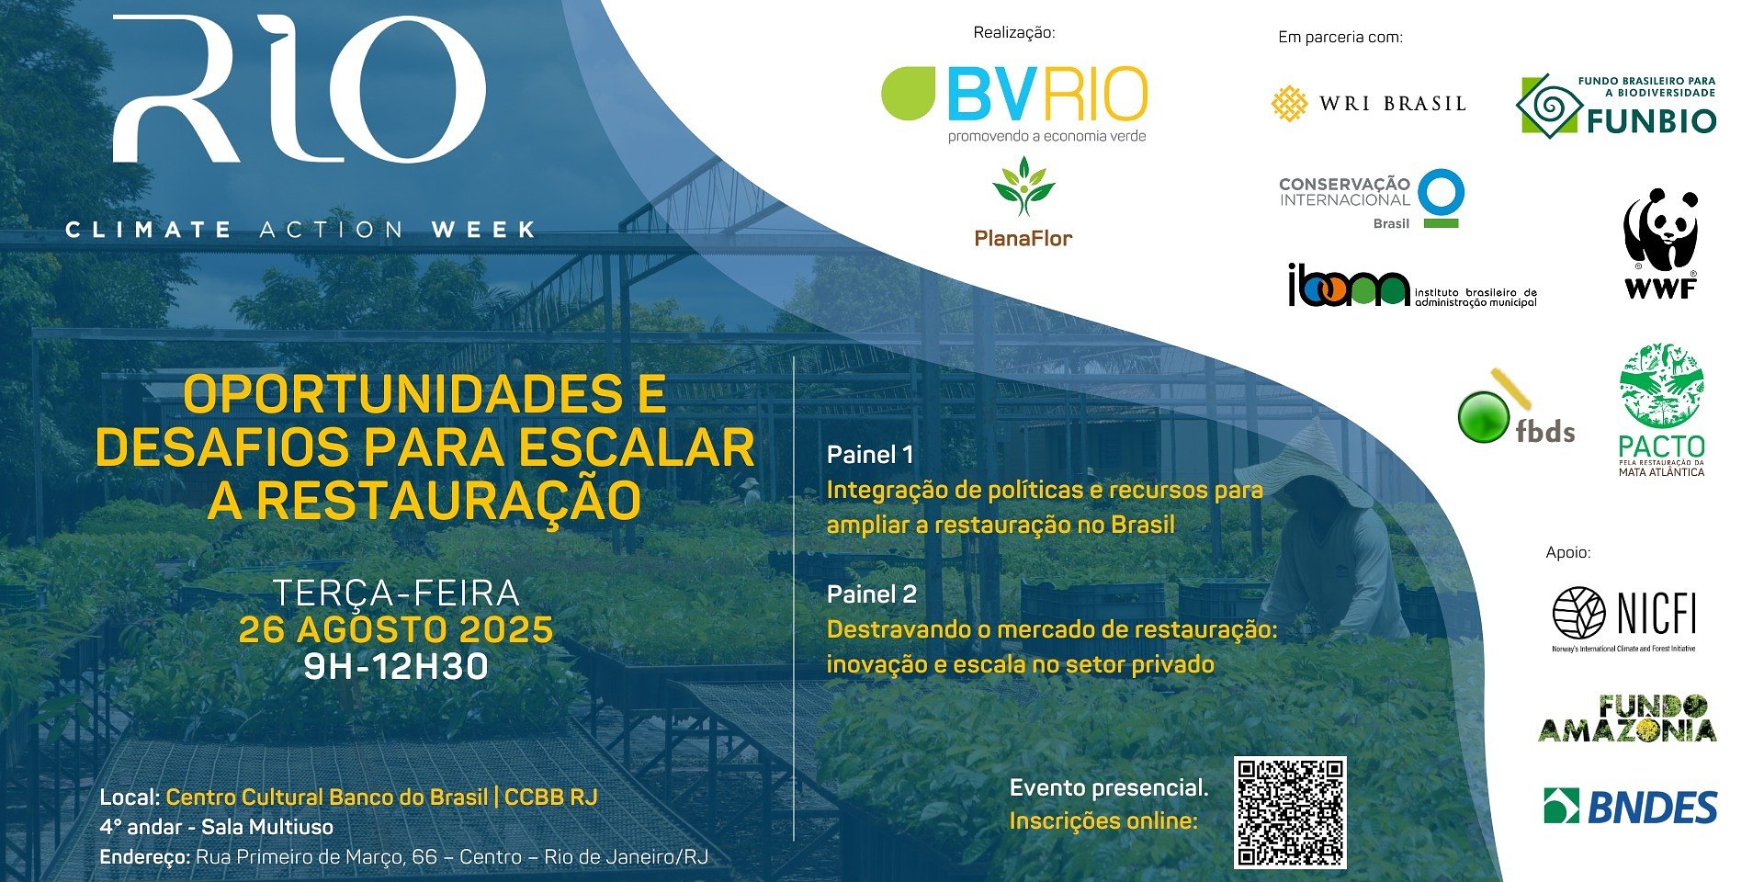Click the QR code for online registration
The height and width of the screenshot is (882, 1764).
[1290, 813]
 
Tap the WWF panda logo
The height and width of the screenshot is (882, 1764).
[1660, 243]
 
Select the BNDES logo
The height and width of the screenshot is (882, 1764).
[1630, 807]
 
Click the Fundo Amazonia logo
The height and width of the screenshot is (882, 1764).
[1626, 719]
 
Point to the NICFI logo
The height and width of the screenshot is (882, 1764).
[1624, 616]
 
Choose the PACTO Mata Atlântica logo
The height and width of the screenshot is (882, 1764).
[1661, 410]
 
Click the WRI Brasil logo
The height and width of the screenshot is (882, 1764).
[1368, 104]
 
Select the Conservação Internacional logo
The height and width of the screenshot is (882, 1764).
[1371, 199]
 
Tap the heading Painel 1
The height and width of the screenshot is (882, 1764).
[870, 455]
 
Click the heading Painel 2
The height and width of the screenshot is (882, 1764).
[872, 594]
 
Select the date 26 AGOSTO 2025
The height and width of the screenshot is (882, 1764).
[396, 630]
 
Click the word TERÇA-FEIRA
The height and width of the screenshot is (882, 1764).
[396, 594]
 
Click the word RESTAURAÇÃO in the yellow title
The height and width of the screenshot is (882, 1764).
[448, 502]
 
